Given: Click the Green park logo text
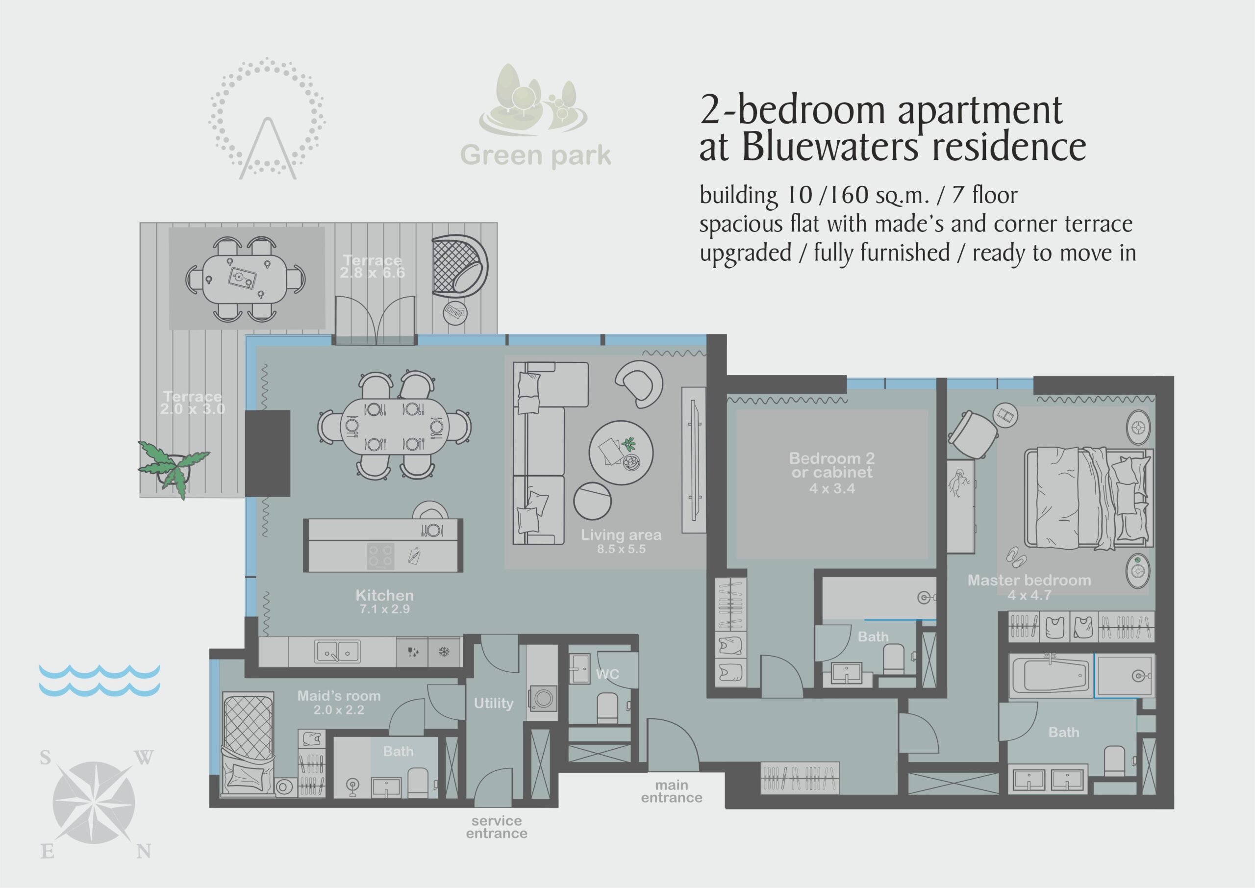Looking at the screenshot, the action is click(x=536, y=155).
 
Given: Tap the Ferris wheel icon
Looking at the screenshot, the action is click(x=267, y=118).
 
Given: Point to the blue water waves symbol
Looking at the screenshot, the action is click(x=100, y=680).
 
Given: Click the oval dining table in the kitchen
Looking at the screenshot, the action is click(x=394, y=427).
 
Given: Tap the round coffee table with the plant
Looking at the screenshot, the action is click(x=621, y=452).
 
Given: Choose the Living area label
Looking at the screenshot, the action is click(x=621, y=541).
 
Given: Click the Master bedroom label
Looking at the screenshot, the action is click(x=1029, y=587).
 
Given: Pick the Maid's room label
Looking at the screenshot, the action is click(x=339, y=702).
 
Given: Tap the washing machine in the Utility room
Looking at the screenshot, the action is click(x=542, y=698).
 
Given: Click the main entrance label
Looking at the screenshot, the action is click(x=672, y=791).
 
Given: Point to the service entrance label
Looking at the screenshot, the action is click(x=496, y=827).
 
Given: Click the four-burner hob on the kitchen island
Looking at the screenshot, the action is click(x=380, y=556).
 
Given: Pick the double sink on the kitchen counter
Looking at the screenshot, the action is click(x=337, y=651).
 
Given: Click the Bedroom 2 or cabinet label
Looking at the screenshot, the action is click(x=832, y=472).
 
